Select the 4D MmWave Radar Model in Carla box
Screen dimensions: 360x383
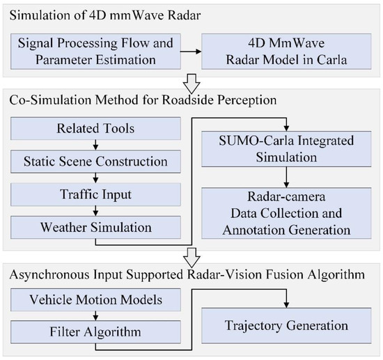pos(283,50)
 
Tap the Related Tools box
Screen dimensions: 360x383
pos(95,130)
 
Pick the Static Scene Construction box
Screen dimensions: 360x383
pos(95,162)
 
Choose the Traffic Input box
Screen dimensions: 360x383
pos(95,194)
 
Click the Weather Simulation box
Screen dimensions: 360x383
pos(95,227)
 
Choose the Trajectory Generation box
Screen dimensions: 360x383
pos(286,324)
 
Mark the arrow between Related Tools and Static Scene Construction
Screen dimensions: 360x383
pos(95,146)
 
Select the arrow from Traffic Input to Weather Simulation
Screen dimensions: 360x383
pos(95,210)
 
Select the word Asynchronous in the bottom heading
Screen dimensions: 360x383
pos(47,274)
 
